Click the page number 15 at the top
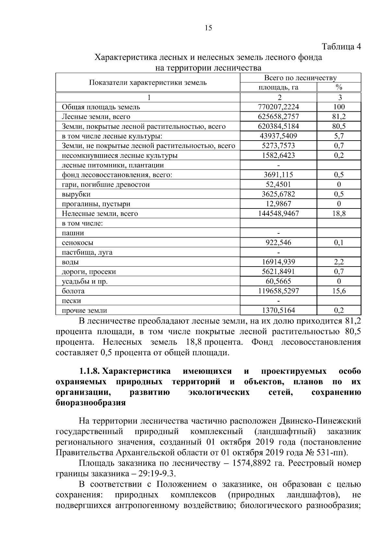pyautogui.click(x=208, y=28)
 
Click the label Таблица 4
pyautogui.click(x=341, y=47)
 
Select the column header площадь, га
pyautogui.click(x=278, y=87)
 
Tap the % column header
pyautogui.click(x=339, y=87)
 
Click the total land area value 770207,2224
pyautogui.click(x=278, y=107)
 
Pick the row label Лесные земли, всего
pyautogui.click(x=96, y=117)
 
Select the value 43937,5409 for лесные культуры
pyautogui.click(x=278, y=136)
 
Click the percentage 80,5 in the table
pyautogui.click(x=339, y=126)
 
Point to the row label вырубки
pyautogui.click(x=76, y=194)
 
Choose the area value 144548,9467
pyautogui.click(x=278, y=214)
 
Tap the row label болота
pyautogui.click(x=73, y=291)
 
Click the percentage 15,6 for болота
pyautogui.click(x=339, y=291)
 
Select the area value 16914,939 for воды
pyautogui.click(x=278, y=262)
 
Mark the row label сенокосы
pyautogui.click(x=77, y=243)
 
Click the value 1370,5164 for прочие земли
pyautogui.click(x=278, y=310)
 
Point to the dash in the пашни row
pyautogui.click(x=278, y=233)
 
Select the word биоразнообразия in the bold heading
pyautogui.click(x=91, y=403)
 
